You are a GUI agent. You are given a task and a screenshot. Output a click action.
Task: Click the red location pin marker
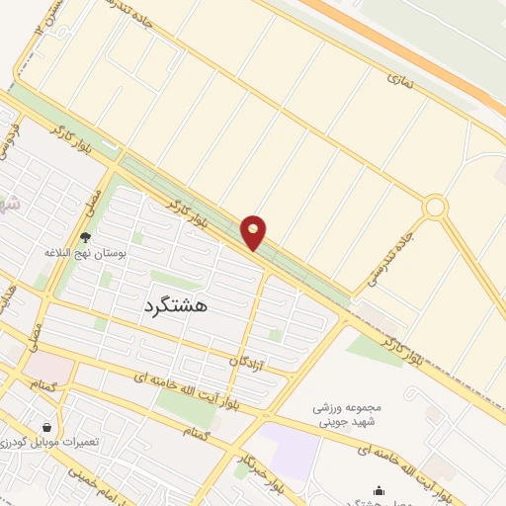coord(254,232)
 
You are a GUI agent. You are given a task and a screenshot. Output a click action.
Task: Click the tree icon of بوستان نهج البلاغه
coord(84,237)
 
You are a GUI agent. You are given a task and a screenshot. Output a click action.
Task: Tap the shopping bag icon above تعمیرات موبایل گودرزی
coord(46,427)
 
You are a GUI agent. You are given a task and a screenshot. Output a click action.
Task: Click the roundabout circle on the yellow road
coord(434,208)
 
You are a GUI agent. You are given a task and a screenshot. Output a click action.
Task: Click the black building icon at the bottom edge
coord(378,490)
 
